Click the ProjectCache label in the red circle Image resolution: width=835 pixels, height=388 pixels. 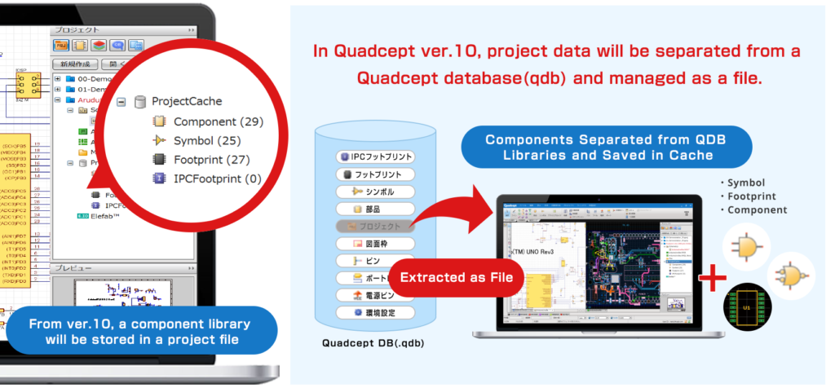coord(186,102)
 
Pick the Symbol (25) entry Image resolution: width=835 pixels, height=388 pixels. coord(196,140)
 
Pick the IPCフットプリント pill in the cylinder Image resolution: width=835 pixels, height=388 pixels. coord(377,156)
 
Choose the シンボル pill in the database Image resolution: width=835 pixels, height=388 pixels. coord(377,192)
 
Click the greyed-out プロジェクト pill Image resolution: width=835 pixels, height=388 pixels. coord(377,226)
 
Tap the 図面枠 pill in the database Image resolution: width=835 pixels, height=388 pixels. coord(377,244)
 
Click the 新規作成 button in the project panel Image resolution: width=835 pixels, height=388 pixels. coord(75,64)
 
